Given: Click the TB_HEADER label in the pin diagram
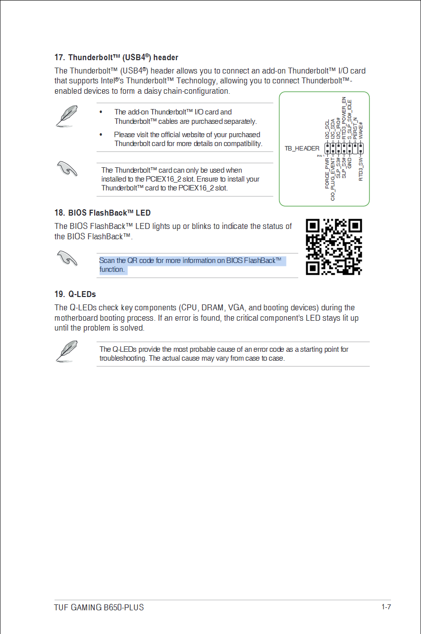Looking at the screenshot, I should coord(302,148).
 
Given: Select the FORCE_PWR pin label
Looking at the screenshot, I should coord(328,173).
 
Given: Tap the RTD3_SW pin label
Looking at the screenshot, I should coord(361,169).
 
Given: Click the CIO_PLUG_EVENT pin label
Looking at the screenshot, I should coord(333,179).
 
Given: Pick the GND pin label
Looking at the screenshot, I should coord(350,163).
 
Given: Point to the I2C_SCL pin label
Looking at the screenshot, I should coord(327,129).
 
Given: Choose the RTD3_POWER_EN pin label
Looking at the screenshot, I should coord(344,117).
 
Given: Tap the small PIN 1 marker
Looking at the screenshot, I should coord(321,155).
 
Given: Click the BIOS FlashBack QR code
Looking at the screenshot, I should coord(334,247).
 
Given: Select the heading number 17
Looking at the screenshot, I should coord(59,58).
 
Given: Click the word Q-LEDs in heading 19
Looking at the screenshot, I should coord(82,295).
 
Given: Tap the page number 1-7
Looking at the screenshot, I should coord(386,607).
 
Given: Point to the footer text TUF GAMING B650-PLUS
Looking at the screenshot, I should coord(99,607).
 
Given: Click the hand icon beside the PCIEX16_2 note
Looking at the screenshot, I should coord(67,169).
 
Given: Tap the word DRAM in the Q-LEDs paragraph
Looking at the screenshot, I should coord(212,308).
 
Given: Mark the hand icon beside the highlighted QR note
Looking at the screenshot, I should coord(67,258).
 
